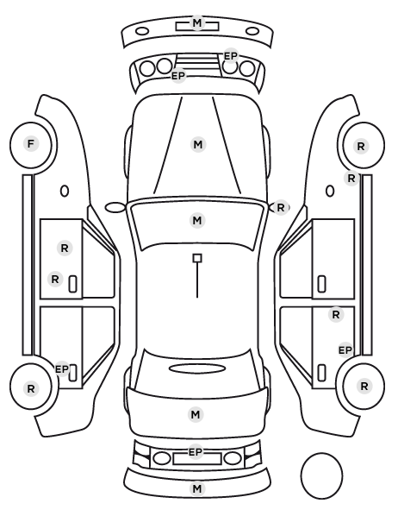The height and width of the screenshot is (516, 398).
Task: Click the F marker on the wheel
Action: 31,144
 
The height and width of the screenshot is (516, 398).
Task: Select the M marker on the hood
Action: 198,144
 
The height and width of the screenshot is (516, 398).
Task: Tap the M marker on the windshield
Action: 197,220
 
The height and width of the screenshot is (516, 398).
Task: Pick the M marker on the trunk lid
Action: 196,414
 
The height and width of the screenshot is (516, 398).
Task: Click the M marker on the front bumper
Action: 197,22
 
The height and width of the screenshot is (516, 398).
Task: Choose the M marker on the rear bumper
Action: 197,488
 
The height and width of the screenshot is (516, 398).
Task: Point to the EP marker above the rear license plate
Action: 196,452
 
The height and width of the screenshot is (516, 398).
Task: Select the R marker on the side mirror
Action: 280,208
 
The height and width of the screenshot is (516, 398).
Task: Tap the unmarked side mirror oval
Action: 115,208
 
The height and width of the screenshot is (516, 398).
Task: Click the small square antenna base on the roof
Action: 197,258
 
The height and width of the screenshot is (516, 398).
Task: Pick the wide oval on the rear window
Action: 197,368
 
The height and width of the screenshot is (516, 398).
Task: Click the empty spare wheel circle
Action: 321,475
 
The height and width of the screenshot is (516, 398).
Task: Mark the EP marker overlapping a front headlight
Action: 231,56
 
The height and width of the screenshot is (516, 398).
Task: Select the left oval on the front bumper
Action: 142,32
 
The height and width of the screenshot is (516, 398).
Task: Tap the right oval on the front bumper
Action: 252,32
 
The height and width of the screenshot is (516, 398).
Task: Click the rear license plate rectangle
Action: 197,459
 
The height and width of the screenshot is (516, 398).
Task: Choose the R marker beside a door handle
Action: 55,280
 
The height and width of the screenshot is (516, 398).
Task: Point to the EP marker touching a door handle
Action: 62,369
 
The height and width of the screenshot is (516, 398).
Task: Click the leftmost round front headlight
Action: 147,69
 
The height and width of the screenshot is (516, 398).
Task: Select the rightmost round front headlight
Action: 247,69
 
